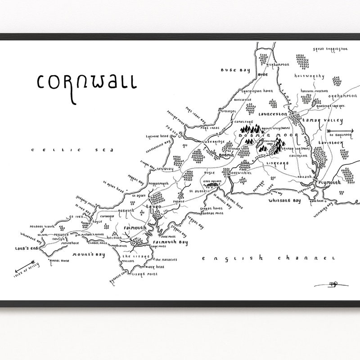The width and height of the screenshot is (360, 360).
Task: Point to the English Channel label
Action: [x=268, y=258]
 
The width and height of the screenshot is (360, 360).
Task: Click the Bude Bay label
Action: [x=232, y=70]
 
